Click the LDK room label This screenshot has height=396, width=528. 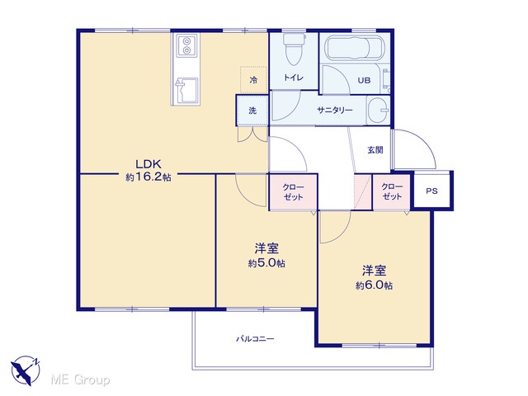click(x=148, y=164)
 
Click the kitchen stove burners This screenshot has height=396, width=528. click(x=186, y=45)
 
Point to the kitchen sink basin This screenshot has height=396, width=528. click(x=186, y=91)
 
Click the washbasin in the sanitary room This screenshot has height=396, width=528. click(x=378, y=111)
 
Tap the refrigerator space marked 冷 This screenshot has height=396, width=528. click(x=253, y=80)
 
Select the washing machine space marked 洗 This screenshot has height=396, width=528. click(x=252, y=111)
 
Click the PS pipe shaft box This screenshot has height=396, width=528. click(x=432, y=191)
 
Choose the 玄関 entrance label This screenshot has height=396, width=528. click(x=375, y=150)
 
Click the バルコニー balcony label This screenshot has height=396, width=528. click(x=255, y=339)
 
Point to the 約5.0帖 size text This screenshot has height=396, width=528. click(x=266, y=263)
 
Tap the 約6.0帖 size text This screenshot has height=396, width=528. click(x=374, y=285)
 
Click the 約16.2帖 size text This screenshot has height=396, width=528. click(x=148, y=177)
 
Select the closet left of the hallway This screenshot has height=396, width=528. click(x=294, y=192)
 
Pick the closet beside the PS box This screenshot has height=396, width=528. click(x=392, y=191)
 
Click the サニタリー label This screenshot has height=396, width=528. click(x=335, y=110)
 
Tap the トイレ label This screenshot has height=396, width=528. click(x=294, y=78)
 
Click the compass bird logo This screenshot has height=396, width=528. click(x=26, y=370)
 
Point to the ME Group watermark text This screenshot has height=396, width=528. click(x=80, y=379)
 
